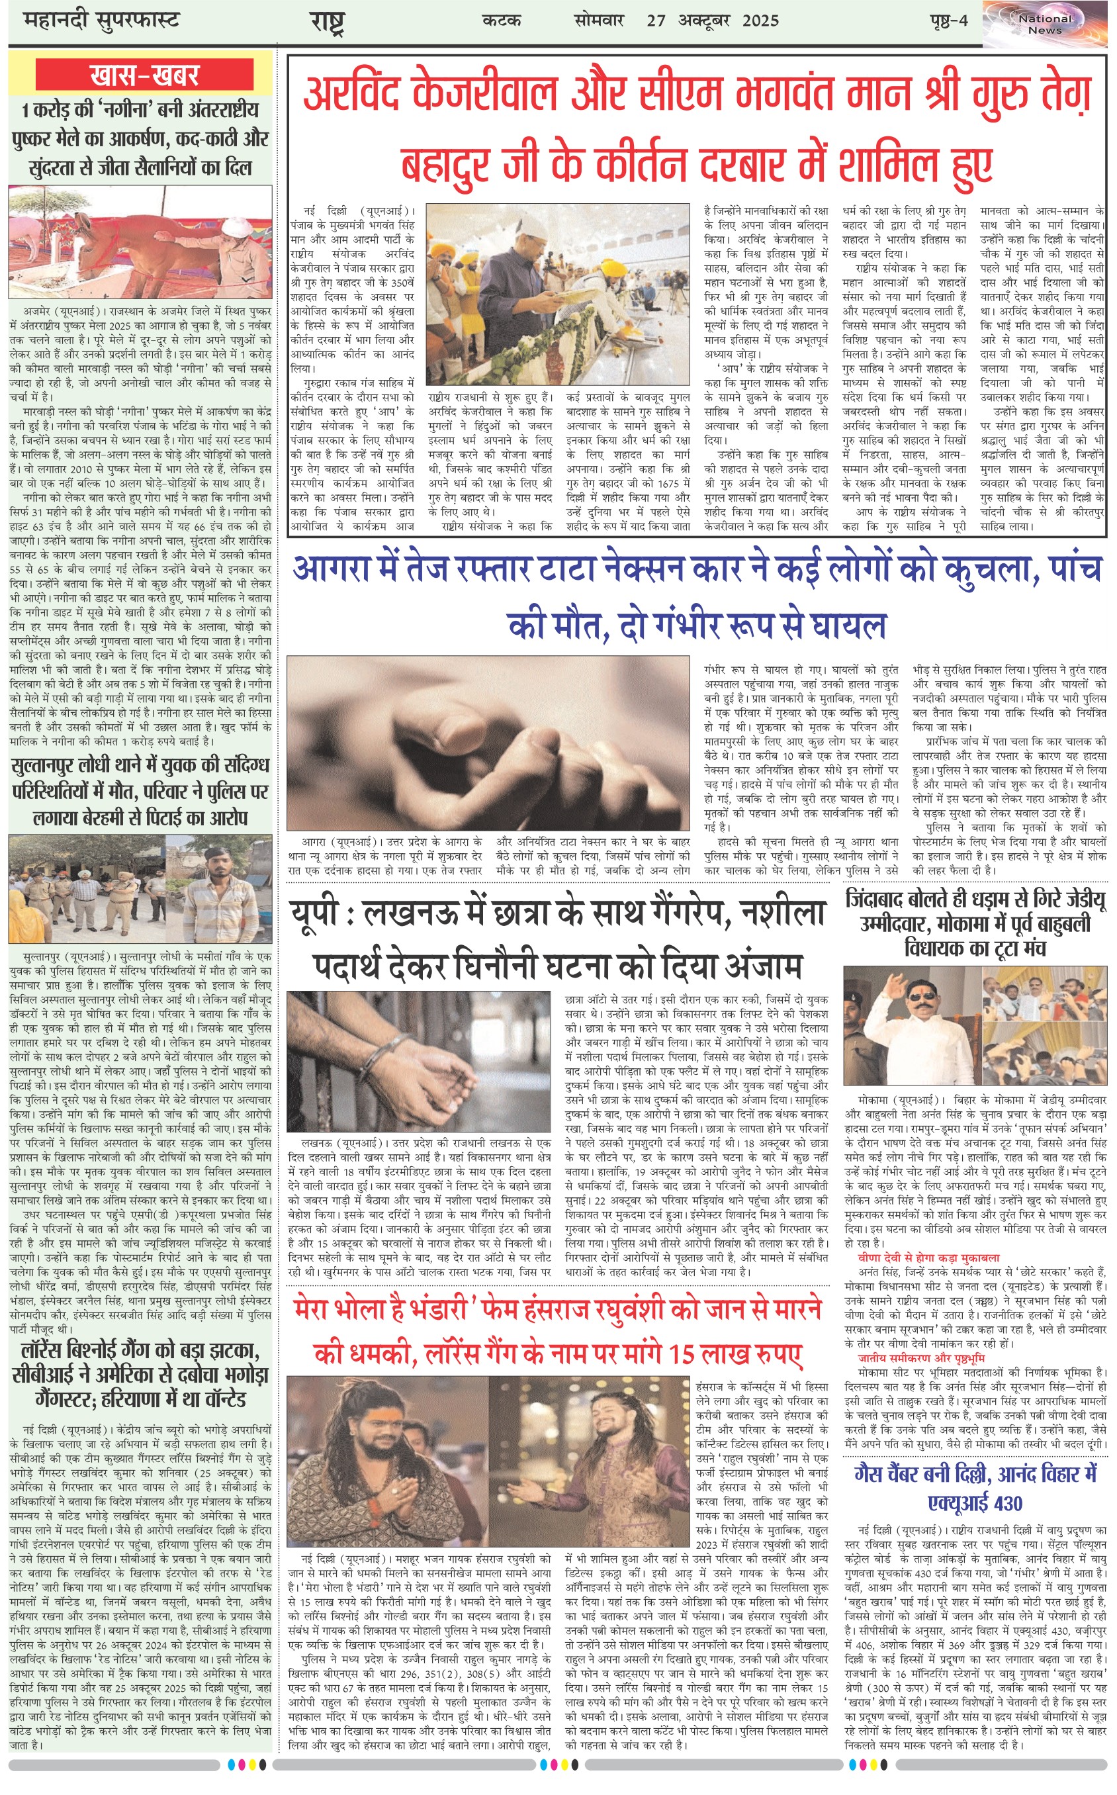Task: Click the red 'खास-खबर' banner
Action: tap(145, 75)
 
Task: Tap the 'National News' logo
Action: tap(1045, 24)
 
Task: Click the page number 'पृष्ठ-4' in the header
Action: tap(948, 21)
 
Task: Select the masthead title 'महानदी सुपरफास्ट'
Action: tap(102, 20)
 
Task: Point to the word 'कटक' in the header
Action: tap(502, 21)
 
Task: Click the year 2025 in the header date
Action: tap(760, 21)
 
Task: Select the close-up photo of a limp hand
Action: tap(488, 743)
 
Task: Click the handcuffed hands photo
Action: tap(418, 1061)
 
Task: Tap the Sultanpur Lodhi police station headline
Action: tap(140, 791)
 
